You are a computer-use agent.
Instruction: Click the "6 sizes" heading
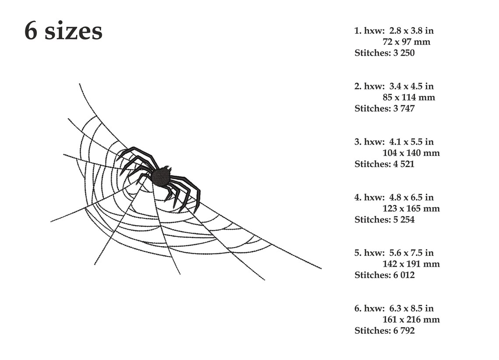coord(63,32)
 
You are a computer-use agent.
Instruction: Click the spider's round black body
coord(161,176)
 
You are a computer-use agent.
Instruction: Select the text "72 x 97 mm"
coord(406,42)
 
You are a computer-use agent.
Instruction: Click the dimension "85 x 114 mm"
coord(408,97)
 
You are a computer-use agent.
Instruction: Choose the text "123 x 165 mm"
coord(411,208)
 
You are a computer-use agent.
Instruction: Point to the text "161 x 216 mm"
coord(411,320)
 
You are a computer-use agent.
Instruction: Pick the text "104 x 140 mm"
coord(411,153)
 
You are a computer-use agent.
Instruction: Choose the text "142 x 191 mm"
coord(411,264)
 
